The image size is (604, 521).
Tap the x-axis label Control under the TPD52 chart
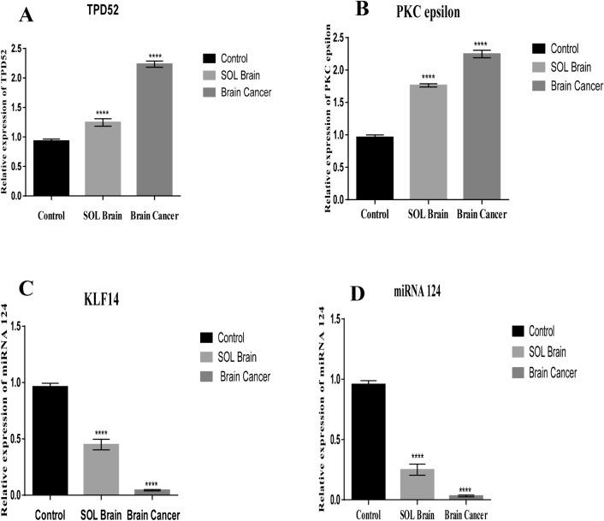click(51, 216)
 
